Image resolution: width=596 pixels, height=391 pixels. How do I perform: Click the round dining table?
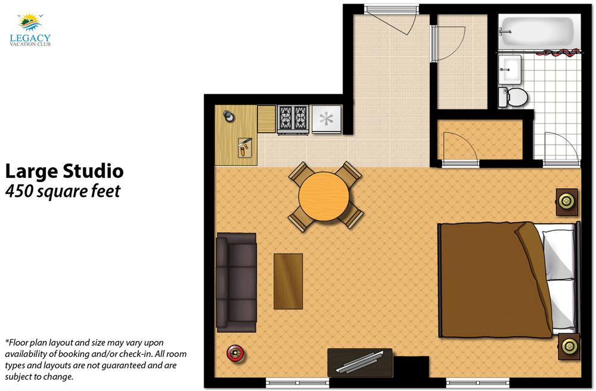324,196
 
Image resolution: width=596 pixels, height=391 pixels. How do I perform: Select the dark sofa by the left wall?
236,283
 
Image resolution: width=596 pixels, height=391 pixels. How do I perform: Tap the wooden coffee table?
288,281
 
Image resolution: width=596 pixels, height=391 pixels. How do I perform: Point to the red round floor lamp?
235,353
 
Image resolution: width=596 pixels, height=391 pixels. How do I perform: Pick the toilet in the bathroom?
513,97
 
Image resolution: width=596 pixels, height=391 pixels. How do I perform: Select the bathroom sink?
510,70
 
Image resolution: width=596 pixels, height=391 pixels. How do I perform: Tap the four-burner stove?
293,119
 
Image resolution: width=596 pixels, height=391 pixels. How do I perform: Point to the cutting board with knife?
244,147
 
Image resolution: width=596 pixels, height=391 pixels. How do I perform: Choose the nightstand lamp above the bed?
566,201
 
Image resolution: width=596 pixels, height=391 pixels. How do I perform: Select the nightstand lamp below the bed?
569,346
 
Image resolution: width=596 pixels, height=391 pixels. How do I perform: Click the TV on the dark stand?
359,362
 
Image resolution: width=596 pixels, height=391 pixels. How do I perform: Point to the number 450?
19,191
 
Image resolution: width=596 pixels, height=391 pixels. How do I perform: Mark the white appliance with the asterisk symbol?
327,119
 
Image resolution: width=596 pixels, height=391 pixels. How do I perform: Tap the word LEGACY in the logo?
30,38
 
